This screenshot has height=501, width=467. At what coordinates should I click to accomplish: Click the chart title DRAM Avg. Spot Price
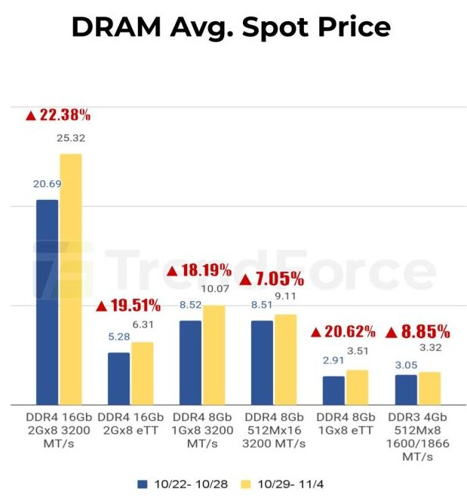coord(232,28)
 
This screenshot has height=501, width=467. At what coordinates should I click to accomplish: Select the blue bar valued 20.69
coord(47,301)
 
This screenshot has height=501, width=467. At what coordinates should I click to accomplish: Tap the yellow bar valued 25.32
coord(71,278)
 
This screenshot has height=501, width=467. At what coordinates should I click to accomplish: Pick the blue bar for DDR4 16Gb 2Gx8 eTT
coord(118,377)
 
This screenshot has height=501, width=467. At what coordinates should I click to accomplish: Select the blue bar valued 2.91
coord(333,389)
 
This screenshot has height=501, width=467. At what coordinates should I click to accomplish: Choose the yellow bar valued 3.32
coord(429,387)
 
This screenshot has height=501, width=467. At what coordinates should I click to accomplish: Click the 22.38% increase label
coord(58,115)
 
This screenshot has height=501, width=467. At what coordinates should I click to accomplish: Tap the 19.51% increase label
coord(128,306)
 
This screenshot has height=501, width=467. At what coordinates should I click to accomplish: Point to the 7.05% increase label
coord(272,279)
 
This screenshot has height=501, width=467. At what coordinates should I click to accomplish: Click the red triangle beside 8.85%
coord(391,332)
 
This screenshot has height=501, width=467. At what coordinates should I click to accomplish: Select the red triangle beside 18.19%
coord(172,270)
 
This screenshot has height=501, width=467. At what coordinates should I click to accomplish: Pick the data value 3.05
coord(405,365)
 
